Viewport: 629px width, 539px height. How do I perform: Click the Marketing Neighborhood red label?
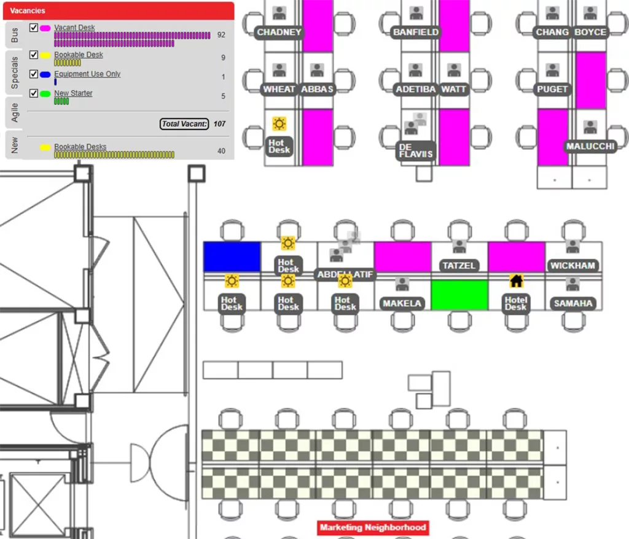(x=372, y=527)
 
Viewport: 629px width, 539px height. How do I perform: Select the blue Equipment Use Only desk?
(x=232, y=257)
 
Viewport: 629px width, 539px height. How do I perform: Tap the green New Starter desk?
(x=459, y=295)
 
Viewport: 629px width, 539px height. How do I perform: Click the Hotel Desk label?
(x=516, y=303)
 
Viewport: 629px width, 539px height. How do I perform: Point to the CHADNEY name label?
(x=279, y=32)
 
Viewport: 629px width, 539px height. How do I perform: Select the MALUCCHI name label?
(x=590, y=147)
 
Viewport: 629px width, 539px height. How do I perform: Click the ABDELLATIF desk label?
(x=345, y=274)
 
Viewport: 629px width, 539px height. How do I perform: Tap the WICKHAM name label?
(x=572, y=266)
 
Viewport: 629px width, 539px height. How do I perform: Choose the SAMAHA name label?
(x=573, y=303)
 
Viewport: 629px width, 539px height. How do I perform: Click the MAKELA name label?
(x=402, y=303)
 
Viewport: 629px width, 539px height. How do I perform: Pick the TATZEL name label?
(x=459, y=266)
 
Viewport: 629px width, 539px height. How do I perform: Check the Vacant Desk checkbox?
(x=34, y=28)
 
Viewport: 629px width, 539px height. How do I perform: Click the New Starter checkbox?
(x=34, y=93)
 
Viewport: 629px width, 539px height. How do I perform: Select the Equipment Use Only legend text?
(x=87, y=74)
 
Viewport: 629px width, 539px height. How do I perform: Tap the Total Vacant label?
(x=184, y=124)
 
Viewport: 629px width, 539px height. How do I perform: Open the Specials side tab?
(x=15, y=72)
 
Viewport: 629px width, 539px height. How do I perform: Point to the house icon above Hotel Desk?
(x=516, y=281)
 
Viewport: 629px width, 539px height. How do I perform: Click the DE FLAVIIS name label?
(x=416, y=150)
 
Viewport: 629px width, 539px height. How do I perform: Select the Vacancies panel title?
(x=28, y=10)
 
